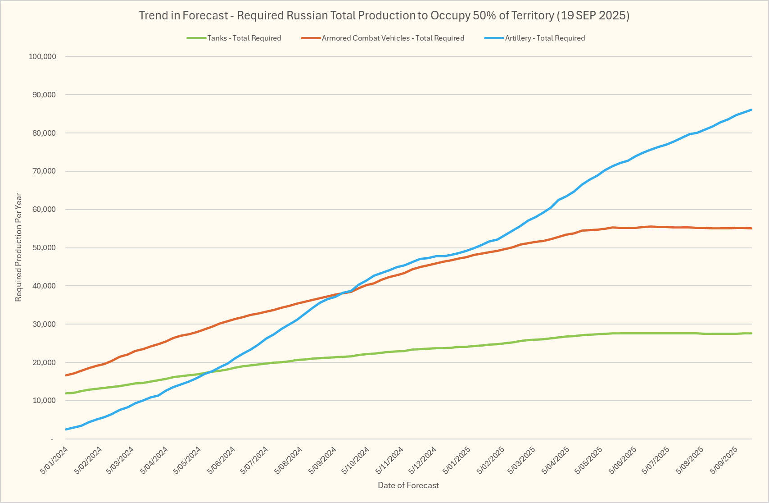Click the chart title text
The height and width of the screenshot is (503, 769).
[x=384, y=15]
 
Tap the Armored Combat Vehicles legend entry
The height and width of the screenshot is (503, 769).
[x=393, y=38]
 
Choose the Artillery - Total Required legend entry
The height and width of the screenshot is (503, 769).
[x=545, y=38]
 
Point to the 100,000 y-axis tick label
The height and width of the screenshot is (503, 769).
[x=42, y=56]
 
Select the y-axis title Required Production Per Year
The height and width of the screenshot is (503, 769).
[x=18, y=247]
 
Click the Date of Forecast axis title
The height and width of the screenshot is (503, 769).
[x=408, y=485]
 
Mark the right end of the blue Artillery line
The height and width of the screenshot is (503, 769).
[x=751, y=110]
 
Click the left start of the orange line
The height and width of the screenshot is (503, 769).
[x=66, y=375]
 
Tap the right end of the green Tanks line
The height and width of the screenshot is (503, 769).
[x=751, y=333]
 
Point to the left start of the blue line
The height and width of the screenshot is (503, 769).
[x=66, y=429]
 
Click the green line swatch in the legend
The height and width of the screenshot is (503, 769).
[x=196, y=38]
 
